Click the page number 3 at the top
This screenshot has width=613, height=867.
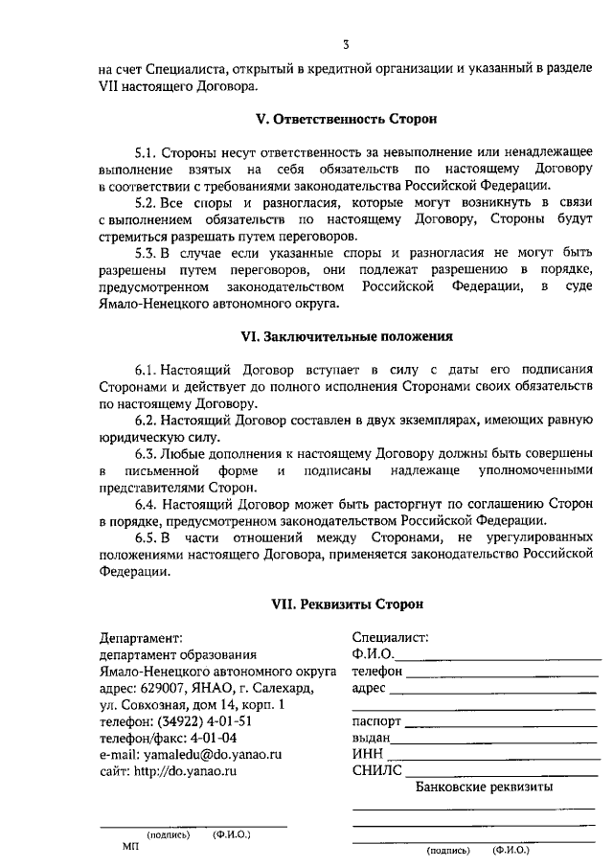coord(347,44)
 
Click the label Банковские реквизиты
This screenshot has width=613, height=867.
coord(485,787)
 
